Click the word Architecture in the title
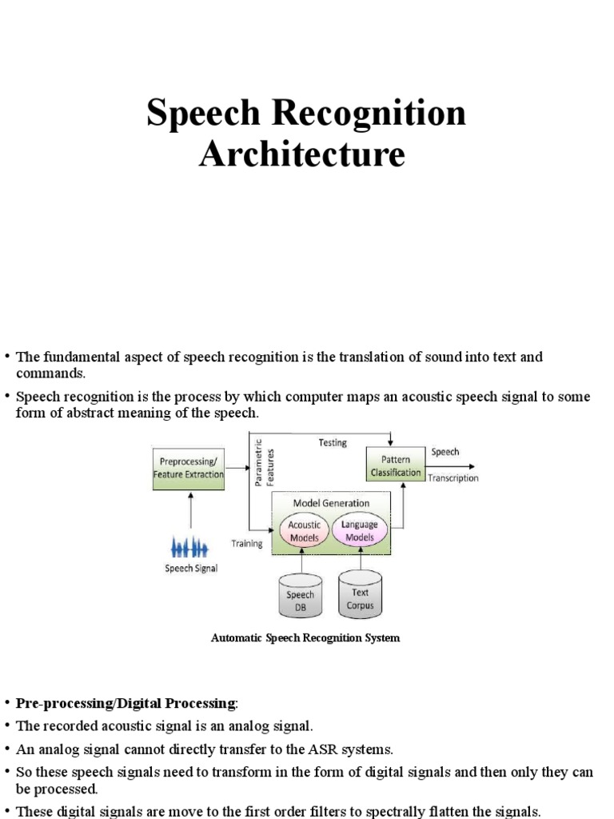tap(302, 154)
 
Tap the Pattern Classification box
tap(395, 466)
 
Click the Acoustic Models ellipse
tap(304, 531)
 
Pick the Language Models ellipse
tap(359, 531)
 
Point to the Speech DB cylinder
tap(300, 597)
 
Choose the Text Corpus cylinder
tap(360, 597)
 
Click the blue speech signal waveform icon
tap(190, 548)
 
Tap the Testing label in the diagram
tap(333, 442)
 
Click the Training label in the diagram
tap(247, 544)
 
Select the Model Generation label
tap(331, 503)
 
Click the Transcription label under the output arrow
tap(453, 478)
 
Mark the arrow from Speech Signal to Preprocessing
tap(189, 512)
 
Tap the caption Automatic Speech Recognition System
tap(305, 638)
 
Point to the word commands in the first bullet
tap(50, 374)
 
